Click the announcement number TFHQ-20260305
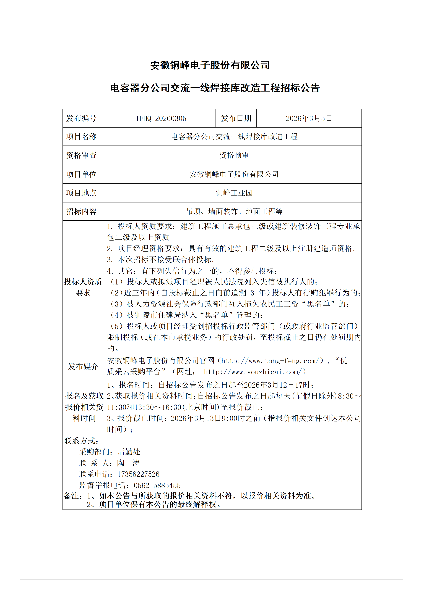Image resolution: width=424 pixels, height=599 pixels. [x=161, y=118]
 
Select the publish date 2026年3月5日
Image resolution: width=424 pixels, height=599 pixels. [x=309, y=118]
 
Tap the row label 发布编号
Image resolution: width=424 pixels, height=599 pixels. [x=81, y=118]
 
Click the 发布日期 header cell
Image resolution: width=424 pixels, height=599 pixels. [x=236, y=118]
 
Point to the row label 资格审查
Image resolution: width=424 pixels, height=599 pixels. [x=81, y=155]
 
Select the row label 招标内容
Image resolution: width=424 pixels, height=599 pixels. [x=81, y=211]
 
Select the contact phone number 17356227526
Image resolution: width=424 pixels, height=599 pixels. [x=138, y=474]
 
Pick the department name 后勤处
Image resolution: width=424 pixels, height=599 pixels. [x=129, y=452]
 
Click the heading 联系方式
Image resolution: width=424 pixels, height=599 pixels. [x=81, y=441]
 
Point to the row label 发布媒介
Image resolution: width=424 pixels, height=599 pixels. [x=83, y=366]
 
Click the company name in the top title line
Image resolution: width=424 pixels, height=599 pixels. [x=210, y=65]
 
